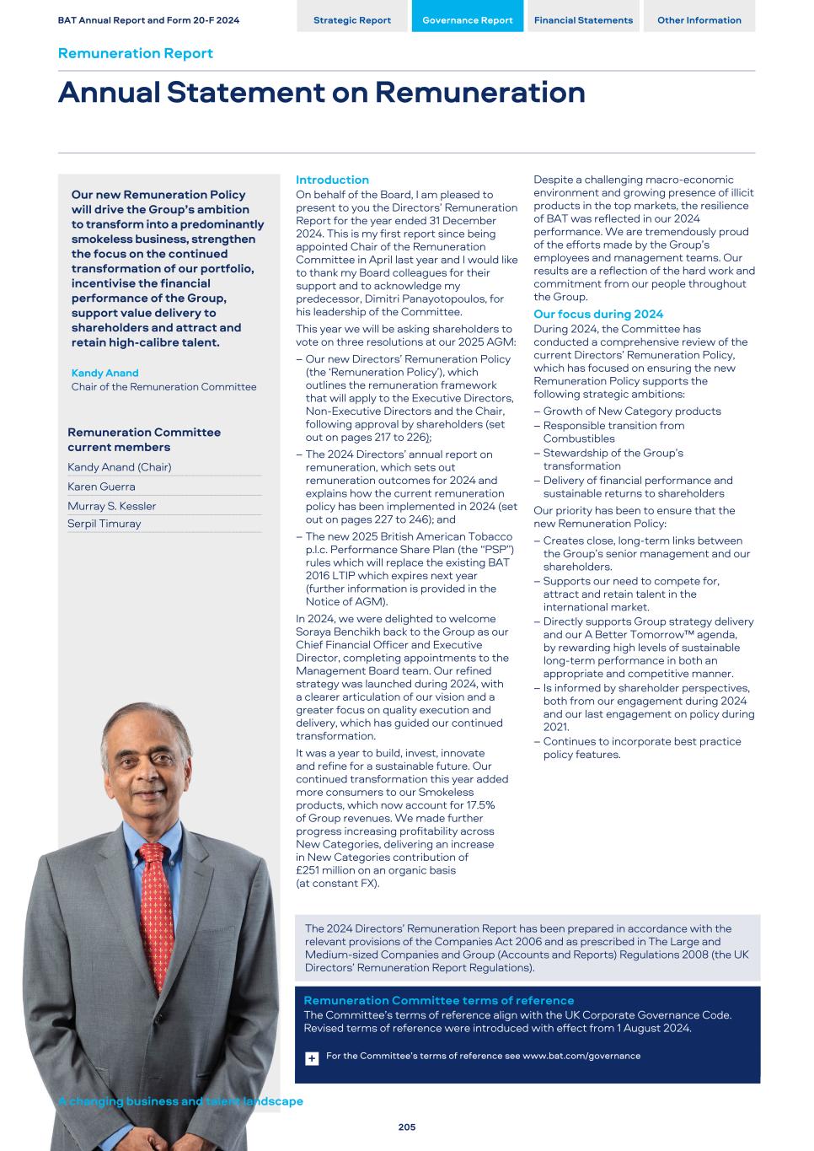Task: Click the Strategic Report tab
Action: [x=351, y=20]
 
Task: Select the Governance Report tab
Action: [x=467, y=20]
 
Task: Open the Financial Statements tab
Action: [x=583, y=20]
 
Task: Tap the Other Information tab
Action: [x=699, y=20]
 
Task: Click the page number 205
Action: [x=407, y=1127]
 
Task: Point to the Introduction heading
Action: [x=332, y=180]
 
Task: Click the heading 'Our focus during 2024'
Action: [x=598, y=315]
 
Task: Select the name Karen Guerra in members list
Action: [x=101, y=487]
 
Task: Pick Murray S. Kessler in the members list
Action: [x=111, y=506]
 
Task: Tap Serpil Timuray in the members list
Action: [x=104, y=524]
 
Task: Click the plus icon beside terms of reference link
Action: [x=312, y=1058]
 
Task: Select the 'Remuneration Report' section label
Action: [x=135, y=53]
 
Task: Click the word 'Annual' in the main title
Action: [x=109, y=92]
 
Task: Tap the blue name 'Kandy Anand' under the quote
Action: [x=104, y=373]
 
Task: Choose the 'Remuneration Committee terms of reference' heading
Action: [x=438, y=1000]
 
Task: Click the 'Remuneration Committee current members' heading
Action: [x=143, y=439]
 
